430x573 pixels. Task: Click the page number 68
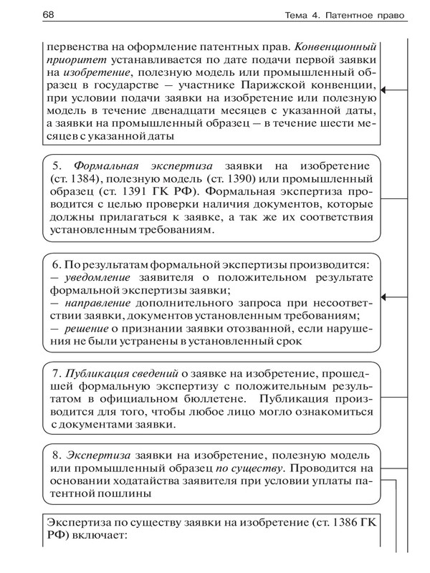pyautogui.click(x=30, y=16)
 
